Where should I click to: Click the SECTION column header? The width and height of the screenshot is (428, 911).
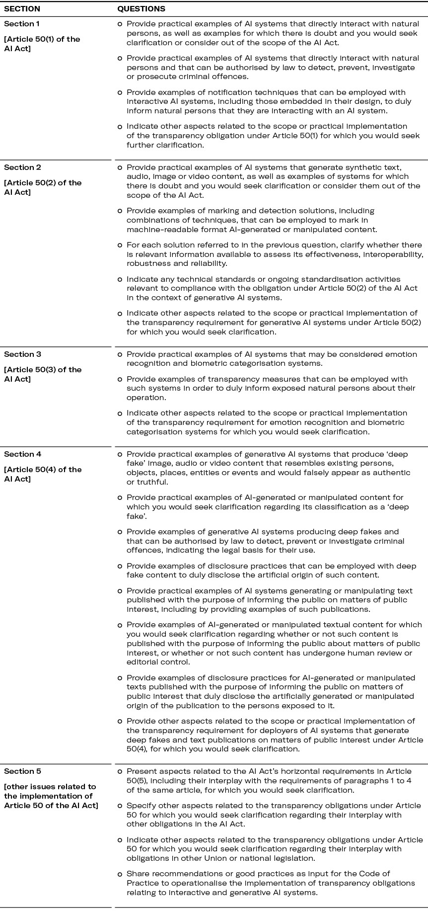coord(22,9)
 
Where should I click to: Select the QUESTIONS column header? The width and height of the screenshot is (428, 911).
coord(141,9)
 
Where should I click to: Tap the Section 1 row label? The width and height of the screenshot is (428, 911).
coord(22,24)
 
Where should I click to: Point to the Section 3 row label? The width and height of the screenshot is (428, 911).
coord(22,354)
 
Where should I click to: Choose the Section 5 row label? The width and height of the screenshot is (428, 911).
coord(22,771)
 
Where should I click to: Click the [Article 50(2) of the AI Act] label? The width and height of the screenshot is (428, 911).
coord(43,187)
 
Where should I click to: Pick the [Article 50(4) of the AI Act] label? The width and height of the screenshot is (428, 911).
coord(43,474)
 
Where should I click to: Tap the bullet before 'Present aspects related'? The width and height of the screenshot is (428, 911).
coord(120,772)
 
